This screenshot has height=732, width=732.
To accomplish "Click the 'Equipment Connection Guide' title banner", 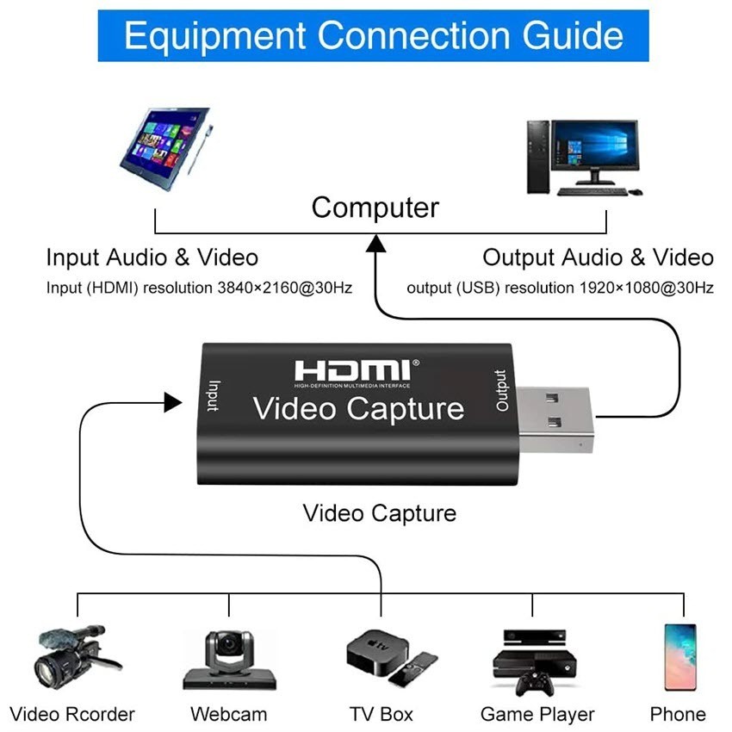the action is [x=373, y=35].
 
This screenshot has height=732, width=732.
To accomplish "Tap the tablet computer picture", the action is [x=167, y=148].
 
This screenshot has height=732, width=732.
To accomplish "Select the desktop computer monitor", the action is [x=594, y=151].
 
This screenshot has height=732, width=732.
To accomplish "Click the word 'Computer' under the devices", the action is [x=375, y=208].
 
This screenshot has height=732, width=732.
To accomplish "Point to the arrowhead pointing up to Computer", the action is [x=375, y=243].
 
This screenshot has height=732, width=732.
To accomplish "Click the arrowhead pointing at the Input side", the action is [x=173, y=402].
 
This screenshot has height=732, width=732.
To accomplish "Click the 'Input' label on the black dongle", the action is [x=214, y=396].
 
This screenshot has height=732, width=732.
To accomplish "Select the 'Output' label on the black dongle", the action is [x=501, y=390].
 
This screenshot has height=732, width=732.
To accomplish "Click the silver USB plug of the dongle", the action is [x=555, y=419].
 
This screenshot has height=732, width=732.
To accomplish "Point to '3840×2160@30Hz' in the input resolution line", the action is [x=285, y=288].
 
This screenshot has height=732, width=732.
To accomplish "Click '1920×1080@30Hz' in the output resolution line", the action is [x=647, y=288].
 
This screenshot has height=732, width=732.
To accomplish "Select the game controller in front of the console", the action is [x=535, y=684].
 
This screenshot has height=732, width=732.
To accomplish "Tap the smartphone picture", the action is [x=680, y=657].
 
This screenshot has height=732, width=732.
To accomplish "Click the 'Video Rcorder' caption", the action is [x=72, y=714].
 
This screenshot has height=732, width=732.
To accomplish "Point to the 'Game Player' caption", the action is [x=537, y=715].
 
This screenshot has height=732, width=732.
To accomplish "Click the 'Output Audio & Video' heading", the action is [x=598, y=257].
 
